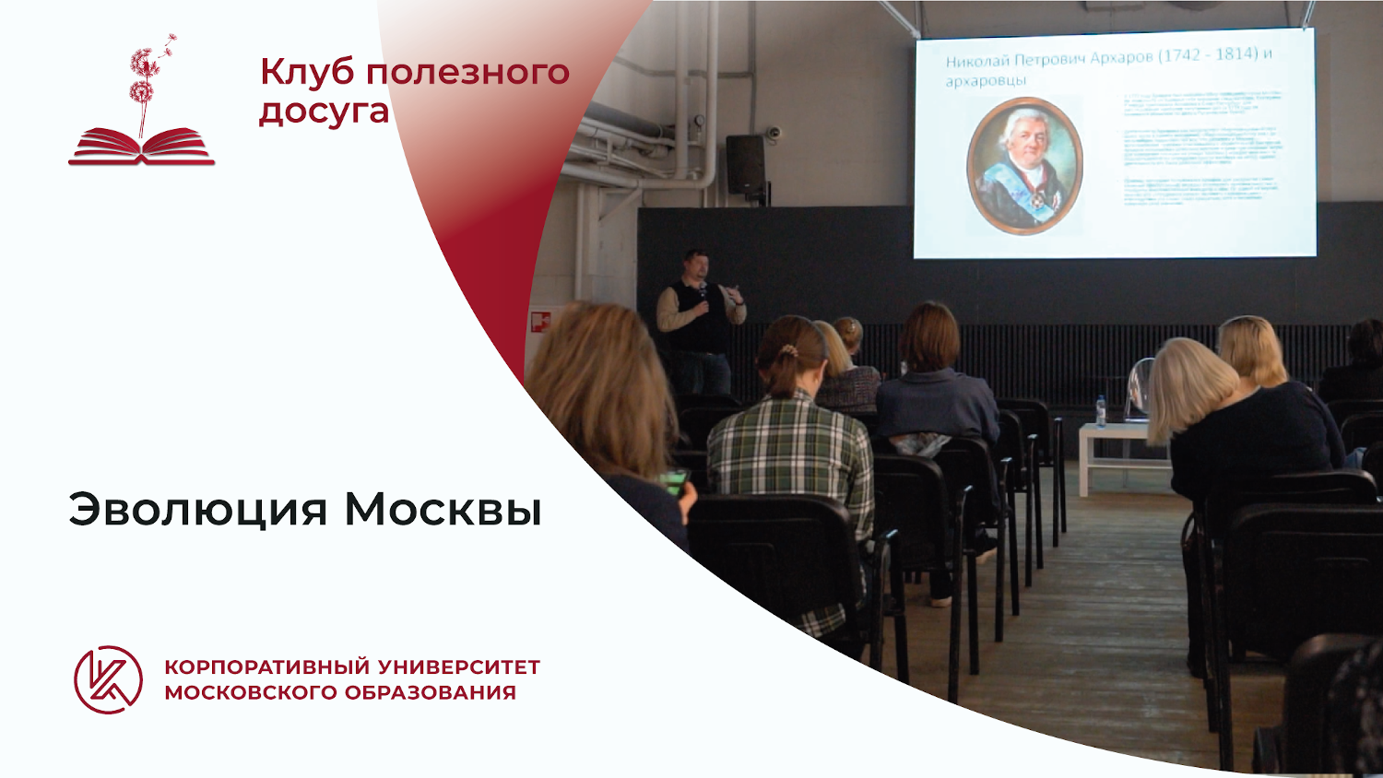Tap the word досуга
[x=324, y=112]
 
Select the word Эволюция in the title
[x=198, y=510]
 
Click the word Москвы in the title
[x=443, y=510]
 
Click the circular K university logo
[x=109, y=679]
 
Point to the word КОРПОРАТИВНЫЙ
[x=267, y=666]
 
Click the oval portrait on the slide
[x=1023, y=167]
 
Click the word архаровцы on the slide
[x=985, y=81]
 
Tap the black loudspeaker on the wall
[x=745, y=164]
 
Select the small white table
[x=1120, y=452]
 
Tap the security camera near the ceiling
[x=774, y=133]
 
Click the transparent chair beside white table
[x=1139, y=387]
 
